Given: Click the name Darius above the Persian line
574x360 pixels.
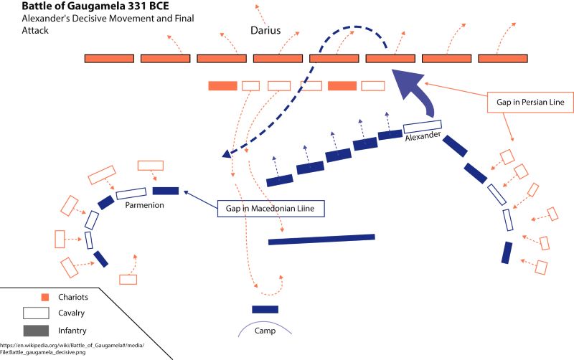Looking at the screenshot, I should (265, 32).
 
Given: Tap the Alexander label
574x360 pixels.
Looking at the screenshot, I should (424, 136).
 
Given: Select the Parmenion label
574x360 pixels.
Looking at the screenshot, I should (146, 205).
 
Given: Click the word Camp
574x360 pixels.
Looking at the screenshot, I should (265, 331).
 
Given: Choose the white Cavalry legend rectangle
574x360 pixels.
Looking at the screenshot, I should (36, 313).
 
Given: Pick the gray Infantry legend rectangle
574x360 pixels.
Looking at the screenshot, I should (36, 331).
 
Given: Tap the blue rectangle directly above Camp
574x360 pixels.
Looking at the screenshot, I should (265, 309).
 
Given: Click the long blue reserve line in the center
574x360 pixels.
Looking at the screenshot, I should (321, 239).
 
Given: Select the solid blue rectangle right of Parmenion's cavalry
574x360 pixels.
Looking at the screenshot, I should (166, 190).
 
